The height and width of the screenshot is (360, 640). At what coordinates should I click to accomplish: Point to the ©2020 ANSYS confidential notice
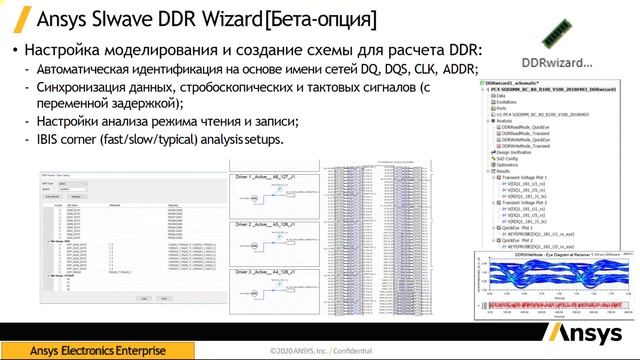tap(319, 352)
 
